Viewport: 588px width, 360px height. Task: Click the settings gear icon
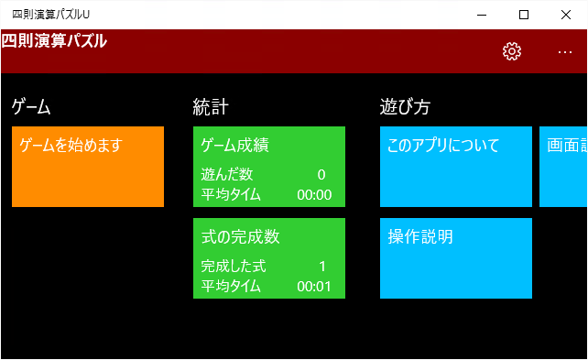click(512, 51)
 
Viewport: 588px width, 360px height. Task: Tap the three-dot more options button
click(565, 51)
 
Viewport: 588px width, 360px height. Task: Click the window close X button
click(565, 15)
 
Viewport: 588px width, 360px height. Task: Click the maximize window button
click(524, 15)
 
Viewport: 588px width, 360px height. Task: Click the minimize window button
click(482, 15)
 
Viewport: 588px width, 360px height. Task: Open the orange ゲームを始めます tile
click(88, 167)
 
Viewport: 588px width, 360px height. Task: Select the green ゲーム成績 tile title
click(234, 145)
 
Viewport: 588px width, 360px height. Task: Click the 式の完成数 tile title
click(240, 236)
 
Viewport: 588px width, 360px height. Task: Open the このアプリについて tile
click(455, 167)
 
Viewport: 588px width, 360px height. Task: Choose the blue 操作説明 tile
click(455, 258)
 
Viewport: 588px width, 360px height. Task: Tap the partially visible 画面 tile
click(563, 167)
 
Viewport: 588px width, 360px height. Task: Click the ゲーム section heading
click(31, 107)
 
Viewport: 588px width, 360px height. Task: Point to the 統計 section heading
click(211, 107)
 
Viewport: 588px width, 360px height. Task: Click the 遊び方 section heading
click(405, 107)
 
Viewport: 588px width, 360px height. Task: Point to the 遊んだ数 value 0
click(321, 174)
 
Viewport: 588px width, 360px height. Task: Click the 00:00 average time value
click(314, 194)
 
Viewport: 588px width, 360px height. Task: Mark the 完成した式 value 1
click(322, 266)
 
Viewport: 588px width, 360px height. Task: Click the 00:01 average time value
click(314, 286)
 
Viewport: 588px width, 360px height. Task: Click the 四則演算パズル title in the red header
click(54, 41)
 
